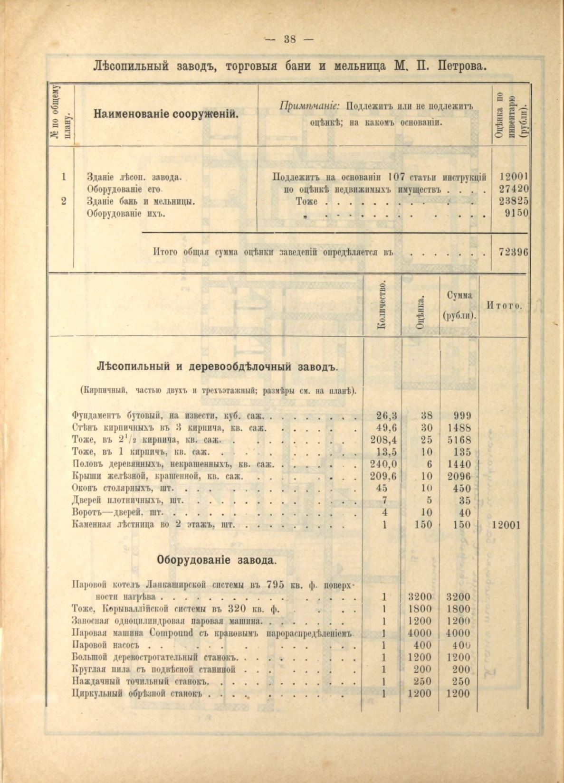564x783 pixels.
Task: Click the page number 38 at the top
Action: pos(290,39)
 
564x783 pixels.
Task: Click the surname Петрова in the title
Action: pos(460,65)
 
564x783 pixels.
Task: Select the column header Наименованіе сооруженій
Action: pos(166,114)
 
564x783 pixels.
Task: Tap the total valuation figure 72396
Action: pos(513,252)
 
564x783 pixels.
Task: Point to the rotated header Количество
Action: pos(381,305)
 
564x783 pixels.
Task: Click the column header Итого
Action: pos(504,305)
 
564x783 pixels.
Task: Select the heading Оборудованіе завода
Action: pos(217,560)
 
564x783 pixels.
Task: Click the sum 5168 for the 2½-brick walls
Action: pos(459,440)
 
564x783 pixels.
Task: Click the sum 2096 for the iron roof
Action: pos(459,476)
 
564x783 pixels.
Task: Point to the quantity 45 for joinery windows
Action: pos(381,488)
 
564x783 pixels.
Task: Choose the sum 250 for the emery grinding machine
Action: pos(459,681)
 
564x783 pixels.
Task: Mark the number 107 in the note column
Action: pos(396,177)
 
